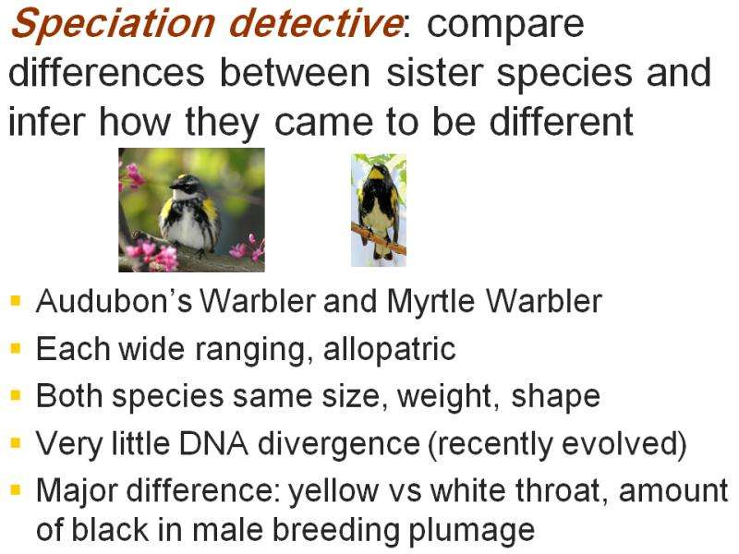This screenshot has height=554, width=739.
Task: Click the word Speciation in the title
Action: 113,24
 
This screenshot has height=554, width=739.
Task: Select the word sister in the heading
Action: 434,72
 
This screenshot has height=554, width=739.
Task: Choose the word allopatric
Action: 390,349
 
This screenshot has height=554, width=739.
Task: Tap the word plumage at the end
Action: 471,531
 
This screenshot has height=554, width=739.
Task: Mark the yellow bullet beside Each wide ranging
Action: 16,348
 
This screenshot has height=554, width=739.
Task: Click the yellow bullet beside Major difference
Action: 16,489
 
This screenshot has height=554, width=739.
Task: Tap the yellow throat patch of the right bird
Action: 376,175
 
